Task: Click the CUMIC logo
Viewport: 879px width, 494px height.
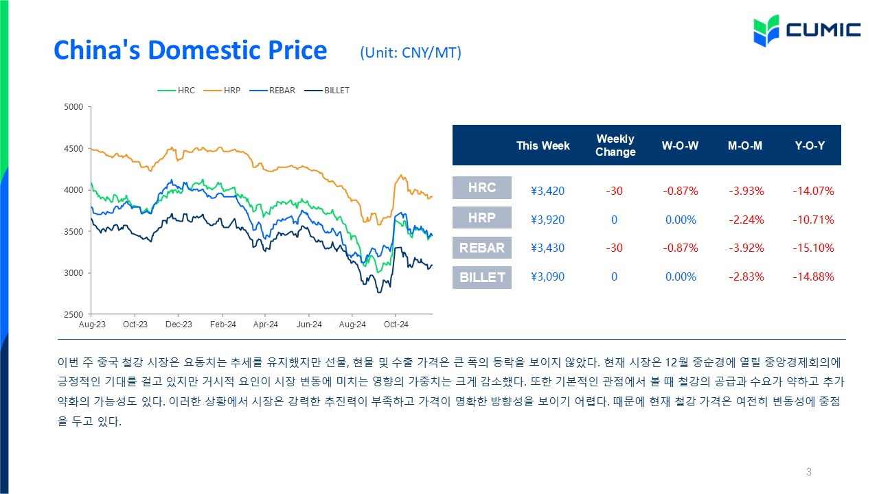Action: click(807, 31)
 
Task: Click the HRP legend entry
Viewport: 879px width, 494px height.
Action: click(222, 91)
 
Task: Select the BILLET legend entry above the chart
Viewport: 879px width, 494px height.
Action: click(327, 91)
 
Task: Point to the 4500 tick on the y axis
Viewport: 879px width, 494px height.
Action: click(73, 149)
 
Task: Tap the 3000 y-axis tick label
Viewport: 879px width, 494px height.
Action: click(73, 273)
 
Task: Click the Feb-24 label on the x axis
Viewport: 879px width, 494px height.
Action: click(223, 325)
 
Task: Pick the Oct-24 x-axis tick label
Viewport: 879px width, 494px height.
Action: click(396, 325)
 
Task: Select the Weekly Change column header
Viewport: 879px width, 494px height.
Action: click(615, 145)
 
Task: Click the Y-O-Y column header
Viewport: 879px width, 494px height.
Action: click(810, 145)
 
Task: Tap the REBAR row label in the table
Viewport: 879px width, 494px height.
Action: click(482, 248)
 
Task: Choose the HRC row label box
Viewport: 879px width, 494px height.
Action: click(482, 187)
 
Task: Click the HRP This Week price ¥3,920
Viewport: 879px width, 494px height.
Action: click(547, 220)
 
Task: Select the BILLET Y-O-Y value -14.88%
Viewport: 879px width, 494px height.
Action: click(813, 277)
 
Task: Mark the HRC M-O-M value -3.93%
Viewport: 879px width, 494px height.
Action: click(746, 191)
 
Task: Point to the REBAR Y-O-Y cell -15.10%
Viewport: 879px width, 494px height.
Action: click(813, 248)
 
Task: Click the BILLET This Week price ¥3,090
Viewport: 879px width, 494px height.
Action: click(547, 277)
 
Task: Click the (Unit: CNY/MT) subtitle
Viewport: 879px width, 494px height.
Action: click(411, 53)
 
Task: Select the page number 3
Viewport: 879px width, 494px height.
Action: click(808, 471)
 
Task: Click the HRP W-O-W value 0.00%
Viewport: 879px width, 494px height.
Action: click(681, 220)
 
